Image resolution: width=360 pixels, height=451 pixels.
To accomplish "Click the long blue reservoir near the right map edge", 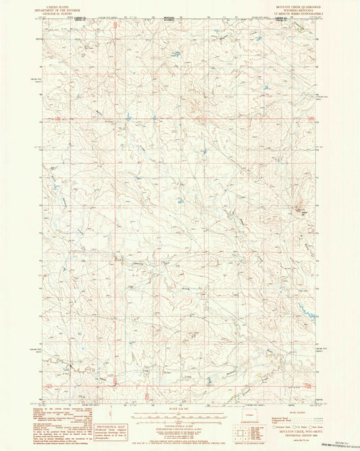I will (305, 312).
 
